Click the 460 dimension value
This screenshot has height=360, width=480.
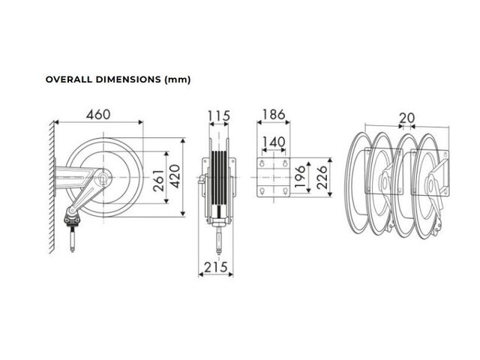click(x=98, y=115)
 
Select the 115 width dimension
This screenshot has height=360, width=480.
click(x=219, y=116)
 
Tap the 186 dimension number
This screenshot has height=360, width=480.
click(x=274, y=115)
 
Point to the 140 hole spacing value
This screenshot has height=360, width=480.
click(x=274, y=142)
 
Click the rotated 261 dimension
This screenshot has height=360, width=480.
click(x=158, y=181)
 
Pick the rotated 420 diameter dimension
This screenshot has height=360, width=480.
click(x=175, y=176)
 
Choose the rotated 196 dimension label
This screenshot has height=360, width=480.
click(x=299, y=177)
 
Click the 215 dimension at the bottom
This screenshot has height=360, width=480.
click(x=216, y=267)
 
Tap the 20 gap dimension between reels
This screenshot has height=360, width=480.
click(x=406, y=118)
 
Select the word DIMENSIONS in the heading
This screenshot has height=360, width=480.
click(x=128, y=79)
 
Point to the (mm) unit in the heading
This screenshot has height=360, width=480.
click(x=178, y=80)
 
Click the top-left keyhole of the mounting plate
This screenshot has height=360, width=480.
click(x=262, y=163)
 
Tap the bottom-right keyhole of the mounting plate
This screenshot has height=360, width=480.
click(x=285, y=192)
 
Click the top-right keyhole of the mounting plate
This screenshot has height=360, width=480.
click(x=285, y=163)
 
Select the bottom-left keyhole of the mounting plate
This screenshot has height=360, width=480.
click(x=262, y=192)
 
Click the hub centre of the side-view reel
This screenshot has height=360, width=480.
click(x=103, y=178)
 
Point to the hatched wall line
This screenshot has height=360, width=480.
click(x=52, y=187)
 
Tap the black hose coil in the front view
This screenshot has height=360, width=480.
click(x=219, y=178)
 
